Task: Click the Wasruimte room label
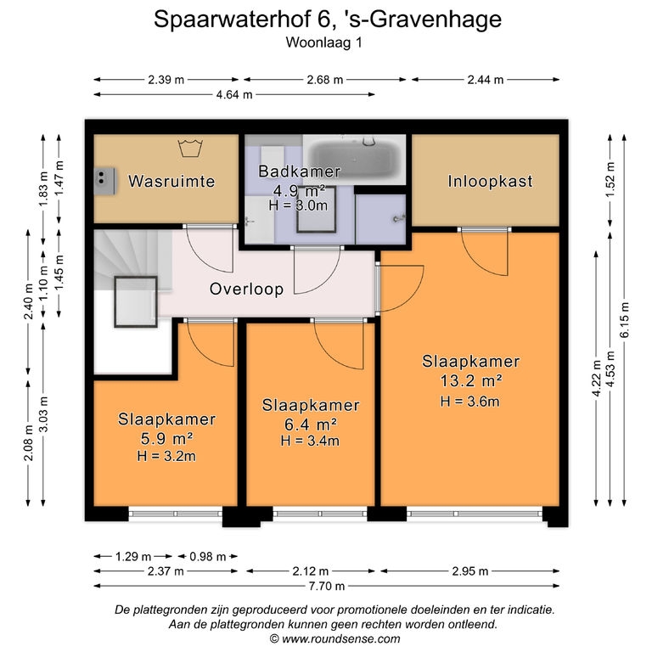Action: pyautogui.click(x=171, y=182)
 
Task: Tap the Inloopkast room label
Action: pyautogui.click(x=490, y=182)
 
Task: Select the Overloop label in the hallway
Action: pyautogui.click(x=246, y=289)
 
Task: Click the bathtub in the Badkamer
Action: pyautogui.click(x=354, y=160)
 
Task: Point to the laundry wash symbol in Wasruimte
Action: pyautogui.click(x=190, y=148)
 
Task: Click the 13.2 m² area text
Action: pyautogui.click(x=470, y=381)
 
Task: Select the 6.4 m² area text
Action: pyautogui.click(x=310, y=424)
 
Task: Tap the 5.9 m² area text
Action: pyautogui.click(x=166, y=438)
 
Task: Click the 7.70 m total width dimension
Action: pyautogui.click(x=326, y=586)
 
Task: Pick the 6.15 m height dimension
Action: pyautogui.click(x=625, y=320)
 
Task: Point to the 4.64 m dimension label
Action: pyautogui.click(x=234, y=95)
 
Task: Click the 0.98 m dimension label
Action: pyautogui.click(x=207, y=556)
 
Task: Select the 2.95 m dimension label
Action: pyautogui.click(x=469, y=571)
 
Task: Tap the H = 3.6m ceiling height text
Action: pyautogui.click(x=469, y=402)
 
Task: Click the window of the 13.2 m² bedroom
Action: pyautogui.click(x=475, y=514)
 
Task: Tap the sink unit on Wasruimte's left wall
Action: pyautogui.click(x=104, y=182)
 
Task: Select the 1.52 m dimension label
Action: pyautogui.click(x=610, y=180)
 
